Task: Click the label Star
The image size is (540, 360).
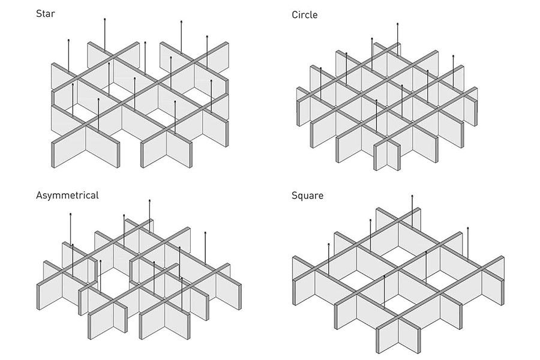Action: [x=45, y=14]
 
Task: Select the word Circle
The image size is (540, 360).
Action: [x=304, y=15]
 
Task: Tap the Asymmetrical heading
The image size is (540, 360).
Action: [x=67, y=196]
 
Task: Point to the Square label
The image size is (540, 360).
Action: [x=308, y=196]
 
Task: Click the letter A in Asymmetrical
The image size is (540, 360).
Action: [x=39, y=196]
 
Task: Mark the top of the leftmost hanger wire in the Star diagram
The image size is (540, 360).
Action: [x=69, y=40]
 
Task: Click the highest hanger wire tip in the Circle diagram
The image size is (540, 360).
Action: [x=397, y=24]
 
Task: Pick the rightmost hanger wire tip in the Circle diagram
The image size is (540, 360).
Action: [x=453, y=55]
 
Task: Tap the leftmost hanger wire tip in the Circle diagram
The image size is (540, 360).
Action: [x=320, y=68]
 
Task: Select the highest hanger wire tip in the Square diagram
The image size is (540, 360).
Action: [x=412, y=196]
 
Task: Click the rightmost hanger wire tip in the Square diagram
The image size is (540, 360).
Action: [x=467, y=228]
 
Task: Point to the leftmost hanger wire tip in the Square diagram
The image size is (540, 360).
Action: [x=329, y=244]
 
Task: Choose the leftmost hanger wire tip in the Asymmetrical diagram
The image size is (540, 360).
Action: [x=71, y=214]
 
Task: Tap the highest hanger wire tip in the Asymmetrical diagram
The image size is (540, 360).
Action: [x=149, y=200]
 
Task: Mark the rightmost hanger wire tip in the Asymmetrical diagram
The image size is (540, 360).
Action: [x=205, y=233]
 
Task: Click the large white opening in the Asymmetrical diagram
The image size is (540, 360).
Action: [x=113, y=284]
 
